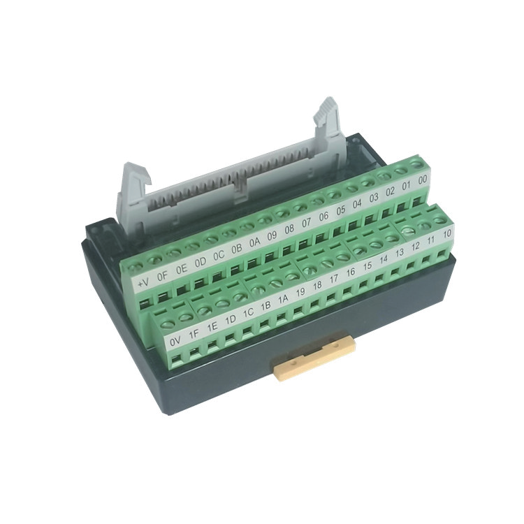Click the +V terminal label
(x=143, y=284)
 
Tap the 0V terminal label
(x=175, y=341)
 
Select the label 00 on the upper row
(x=423, y=180)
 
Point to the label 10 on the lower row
(x=447, y=233)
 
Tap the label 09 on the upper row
(x=272, y=235)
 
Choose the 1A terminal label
(x=283, y=299)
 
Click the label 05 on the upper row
(x=341, y=210)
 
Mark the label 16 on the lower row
(x=350, y=272)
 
